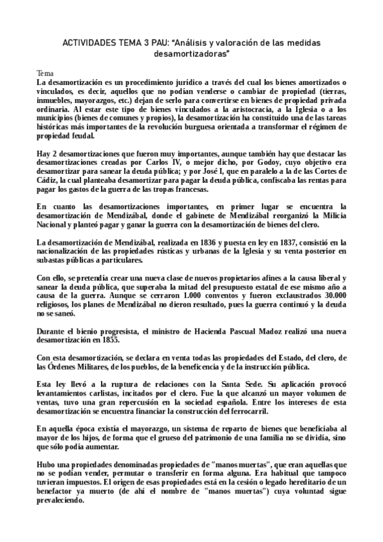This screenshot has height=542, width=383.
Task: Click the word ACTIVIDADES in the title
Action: coord(88,42)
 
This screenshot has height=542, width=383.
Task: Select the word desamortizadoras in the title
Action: coord(191,54)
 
